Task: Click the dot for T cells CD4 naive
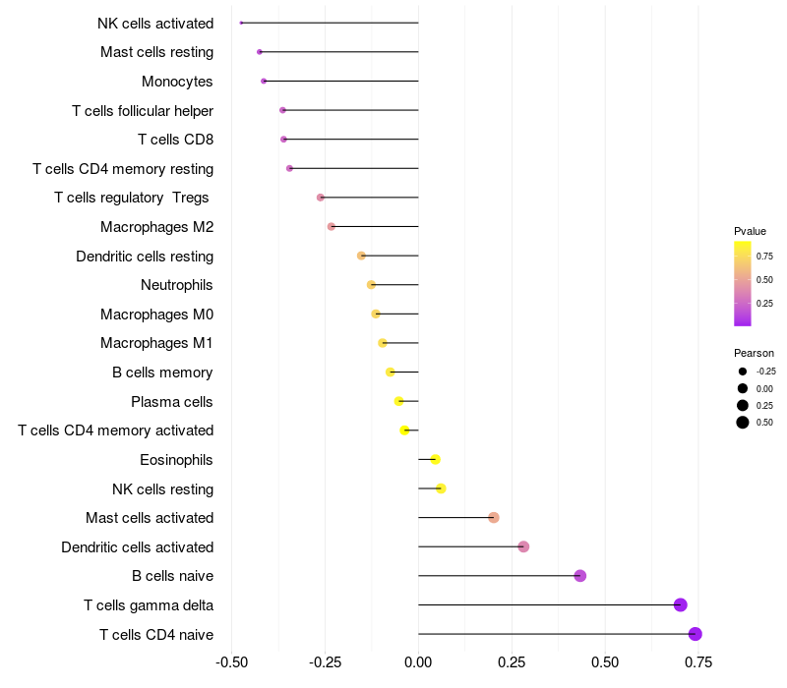click(696, 634)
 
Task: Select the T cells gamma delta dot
click(680, 604)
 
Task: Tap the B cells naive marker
click(580, 576)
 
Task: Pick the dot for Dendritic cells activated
click(523, 546)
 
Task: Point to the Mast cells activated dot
click(494, 518)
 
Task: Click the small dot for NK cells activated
click(241, 23)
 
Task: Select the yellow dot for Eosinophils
click(436, 459)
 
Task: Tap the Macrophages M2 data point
click(332, 227)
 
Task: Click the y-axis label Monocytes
click(177, 82)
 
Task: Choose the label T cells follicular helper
click(143, 111)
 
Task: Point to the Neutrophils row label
click(177, 285)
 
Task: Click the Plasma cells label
click(172, 402)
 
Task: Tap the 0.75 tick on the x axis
click(698, 662)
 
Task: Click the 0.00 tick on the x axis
click(418, 662)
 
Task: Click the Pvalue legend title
click(750, 232)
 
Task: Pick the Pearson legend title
click(754, 353)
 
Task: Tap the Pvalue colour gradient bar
click(743, 283)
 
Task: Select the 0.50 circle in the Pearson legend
click(743, 423)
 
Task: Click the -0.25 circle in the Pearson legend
click(743, 372)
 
